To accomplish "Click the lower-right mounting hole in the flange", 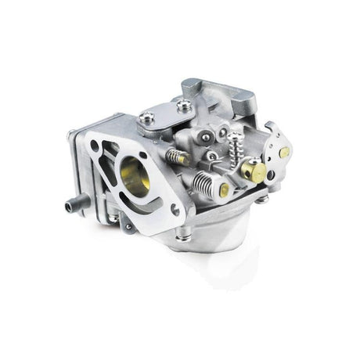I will pos(177,209).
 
